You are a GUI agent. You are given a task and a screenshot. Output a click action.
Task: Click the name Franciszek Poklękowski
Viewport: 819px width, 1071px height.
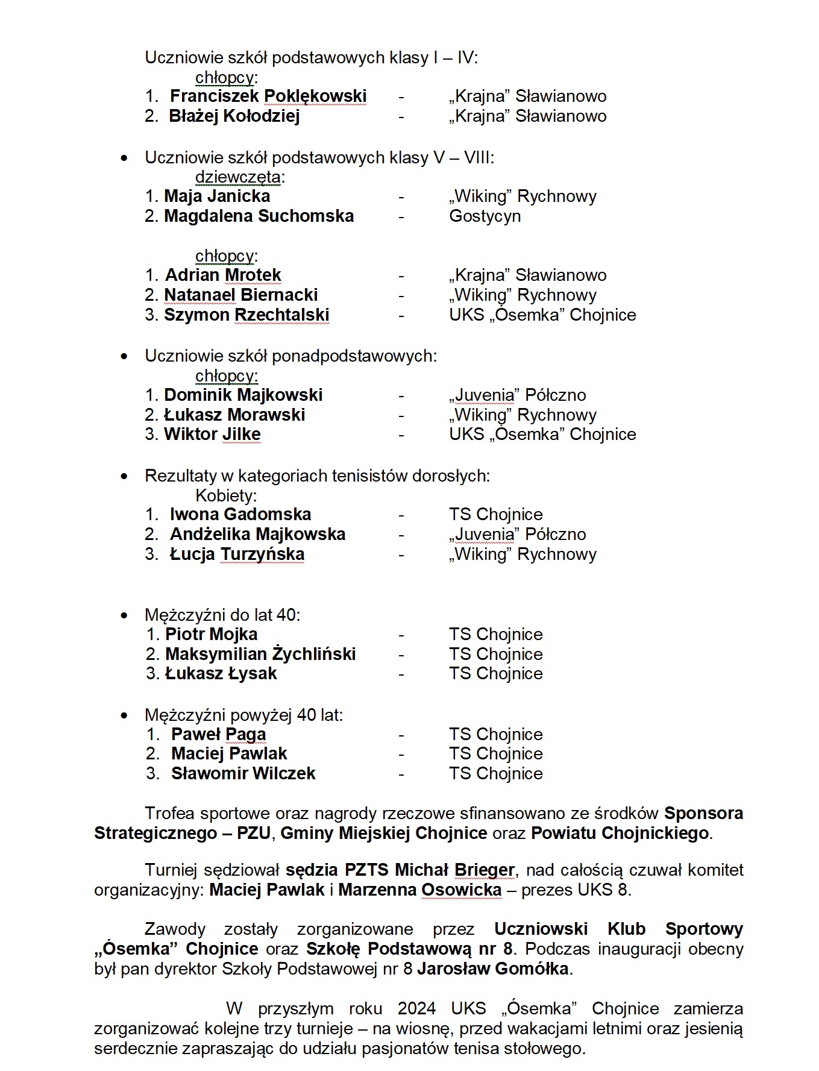tap(268, 96)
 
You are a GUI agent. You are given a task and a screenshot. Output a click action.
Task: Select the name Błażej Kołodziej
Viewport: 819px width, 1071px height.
tap(234, 116)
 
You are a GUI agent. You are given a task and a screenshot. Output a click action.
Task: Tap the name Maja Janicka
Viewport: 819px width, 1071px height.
tap(217, 196)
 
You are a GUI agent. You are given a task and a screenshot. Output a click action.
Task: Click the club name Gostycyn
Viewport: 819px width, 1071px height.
tap(485, 216)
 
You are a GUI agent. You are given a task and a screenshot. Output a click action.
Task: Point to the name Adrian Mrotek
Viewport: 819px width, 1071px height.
tap(223, 275)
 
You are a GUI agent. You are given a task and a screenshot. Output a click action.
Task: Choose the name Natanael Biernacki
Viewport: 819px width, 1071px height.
tap(241, 295)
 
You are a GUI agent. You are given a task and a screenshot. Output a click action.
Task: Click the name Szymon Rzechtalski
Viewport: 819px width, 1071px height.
tap(246, 315)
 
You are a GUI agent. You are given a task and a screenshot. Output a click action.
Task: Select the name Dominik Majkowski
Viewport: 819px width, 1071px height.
tap(243, 395)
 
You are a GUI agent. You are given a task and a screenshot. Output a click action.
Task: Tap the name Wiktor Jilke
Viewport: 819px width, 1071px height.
tap(212, 435)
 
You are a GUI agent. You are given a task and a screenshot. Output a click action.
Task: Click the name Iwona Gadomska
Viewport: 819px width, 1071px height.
tap(240, 515)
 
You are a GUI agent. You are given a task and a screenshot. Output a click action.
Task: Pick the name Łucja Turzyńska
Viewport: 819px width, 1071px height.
tap(237, 554)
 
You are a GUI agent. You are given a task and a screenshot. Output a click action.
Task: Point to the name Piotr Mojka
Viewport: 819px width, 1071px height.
tap(211, 635)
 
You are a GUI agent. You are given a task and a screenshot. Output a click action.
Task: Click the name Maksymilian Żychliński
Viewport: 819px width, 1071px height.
tap(260, 655)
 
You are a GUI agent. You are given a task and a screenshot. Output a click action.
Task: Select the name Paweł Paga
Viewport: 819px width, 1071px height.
tap(218, 735)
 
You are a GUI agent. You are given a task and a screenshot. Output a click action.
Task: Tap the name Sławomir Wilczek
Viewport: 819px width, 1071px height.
tap(243, 774)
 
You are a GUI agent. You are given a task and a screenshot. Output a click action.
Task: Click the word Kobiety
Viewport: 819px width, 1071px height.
tap(225, 496)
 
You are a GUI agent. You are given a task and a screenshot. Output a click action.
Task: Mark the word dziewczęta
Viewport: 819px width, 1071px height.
tap(239, 177)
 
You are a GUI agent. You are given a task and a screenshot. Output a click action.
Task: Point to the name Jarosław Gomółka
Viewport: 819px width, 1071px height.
tap(492, 969)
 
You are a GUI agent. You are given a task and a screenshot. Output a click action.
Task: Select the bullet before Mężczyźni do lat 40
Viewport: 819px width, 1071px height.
tap(124, 615)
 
